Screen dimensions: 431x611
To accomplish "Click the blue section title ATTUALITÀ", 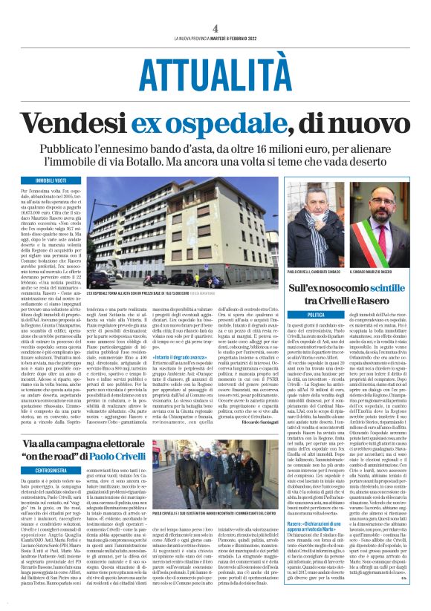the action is [x=215, y=73].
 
